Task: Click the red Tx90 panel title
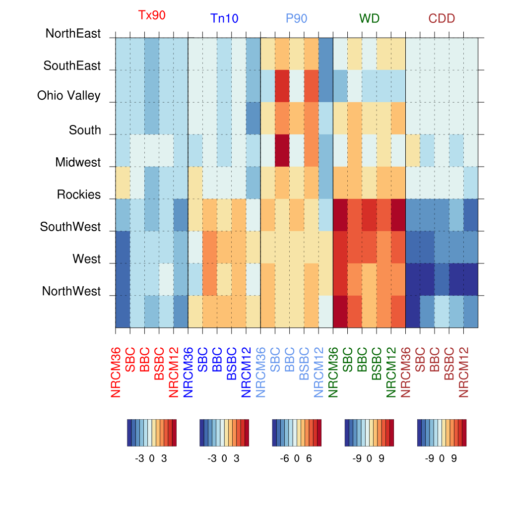[152, 15]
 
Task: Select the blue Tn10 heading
[224, 19]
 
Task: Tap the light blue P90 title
[297, 19]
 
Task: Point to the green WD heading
[370, 19]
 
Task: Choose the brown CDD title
[442, 19]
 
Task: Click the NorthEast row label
[73, 34]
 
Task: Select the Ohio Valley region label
[69, 96]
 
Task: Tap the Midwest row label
[78, 163]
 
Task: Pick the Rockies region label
[79, 195]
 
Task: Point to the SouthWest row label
[70, 227]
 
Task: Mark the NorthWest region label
[71, 291]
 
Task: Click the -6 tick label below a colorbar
[285, 459]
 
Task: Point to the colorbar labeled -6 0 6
[297, 433]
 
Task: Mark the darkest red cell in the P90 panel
[282, 150]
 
